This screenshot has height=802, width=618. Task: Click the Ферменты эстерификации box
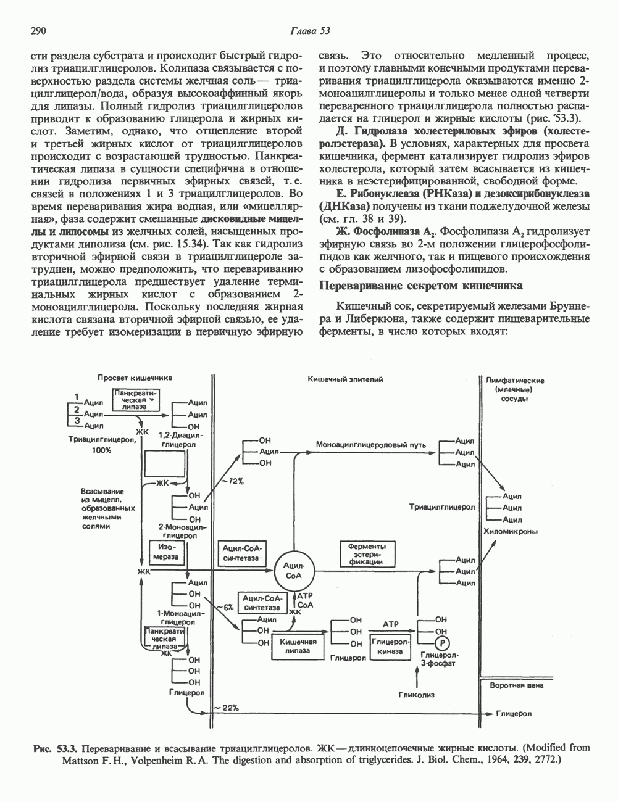click(x=367, y=553)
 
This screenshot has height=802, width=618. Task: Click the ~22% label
click(x=226, y=707)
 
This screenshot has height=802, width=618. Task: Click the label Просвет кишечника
click(x=134, y=378)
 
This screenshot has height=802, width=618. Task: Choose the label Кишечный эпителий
click(x=346, y=379)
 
